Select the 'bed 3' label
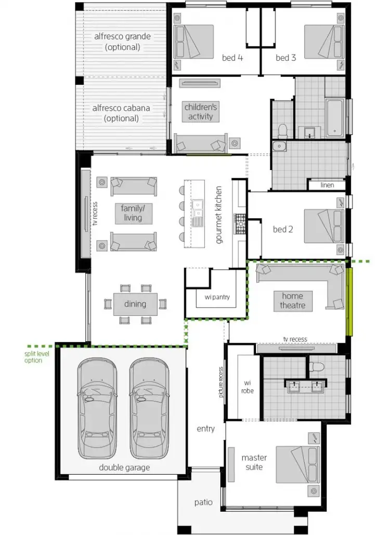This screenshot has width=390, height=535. click(285, 58)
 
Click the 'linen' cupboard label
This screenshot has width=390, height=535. click(327, 185)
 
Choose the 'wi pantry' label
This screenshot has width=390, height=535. click(216, 298)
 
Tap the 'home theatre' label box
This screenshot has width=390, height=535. click(292, 301)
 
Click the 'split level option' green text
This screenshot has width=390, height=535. click(33, 357)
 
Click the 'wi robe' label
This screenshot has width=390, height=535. click(248, 387)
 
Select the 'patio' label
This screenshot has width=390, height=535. click(203, 502)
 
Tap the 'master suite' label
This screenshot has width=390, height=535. click(254, 462)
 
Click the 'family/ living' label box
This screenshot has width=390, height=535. click(133, 213)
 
